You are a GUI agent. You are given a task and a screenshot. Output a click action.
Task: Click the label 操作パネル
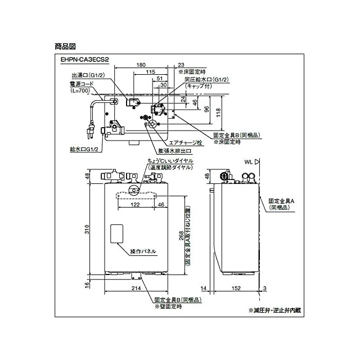tap(143, 251)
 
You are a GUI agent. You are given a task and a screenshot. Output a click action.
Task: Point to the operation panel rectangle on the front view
tap(116, 236)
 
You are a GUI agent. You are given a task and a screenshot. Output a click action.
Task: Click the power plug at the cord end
tap(89, 133)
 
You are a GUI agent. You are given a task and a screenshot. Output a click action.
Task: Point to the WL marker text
tap(248, 162)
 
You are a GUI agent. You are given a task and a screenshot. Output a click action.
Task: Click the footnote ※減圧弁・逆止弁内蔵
tap(274, 310)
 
